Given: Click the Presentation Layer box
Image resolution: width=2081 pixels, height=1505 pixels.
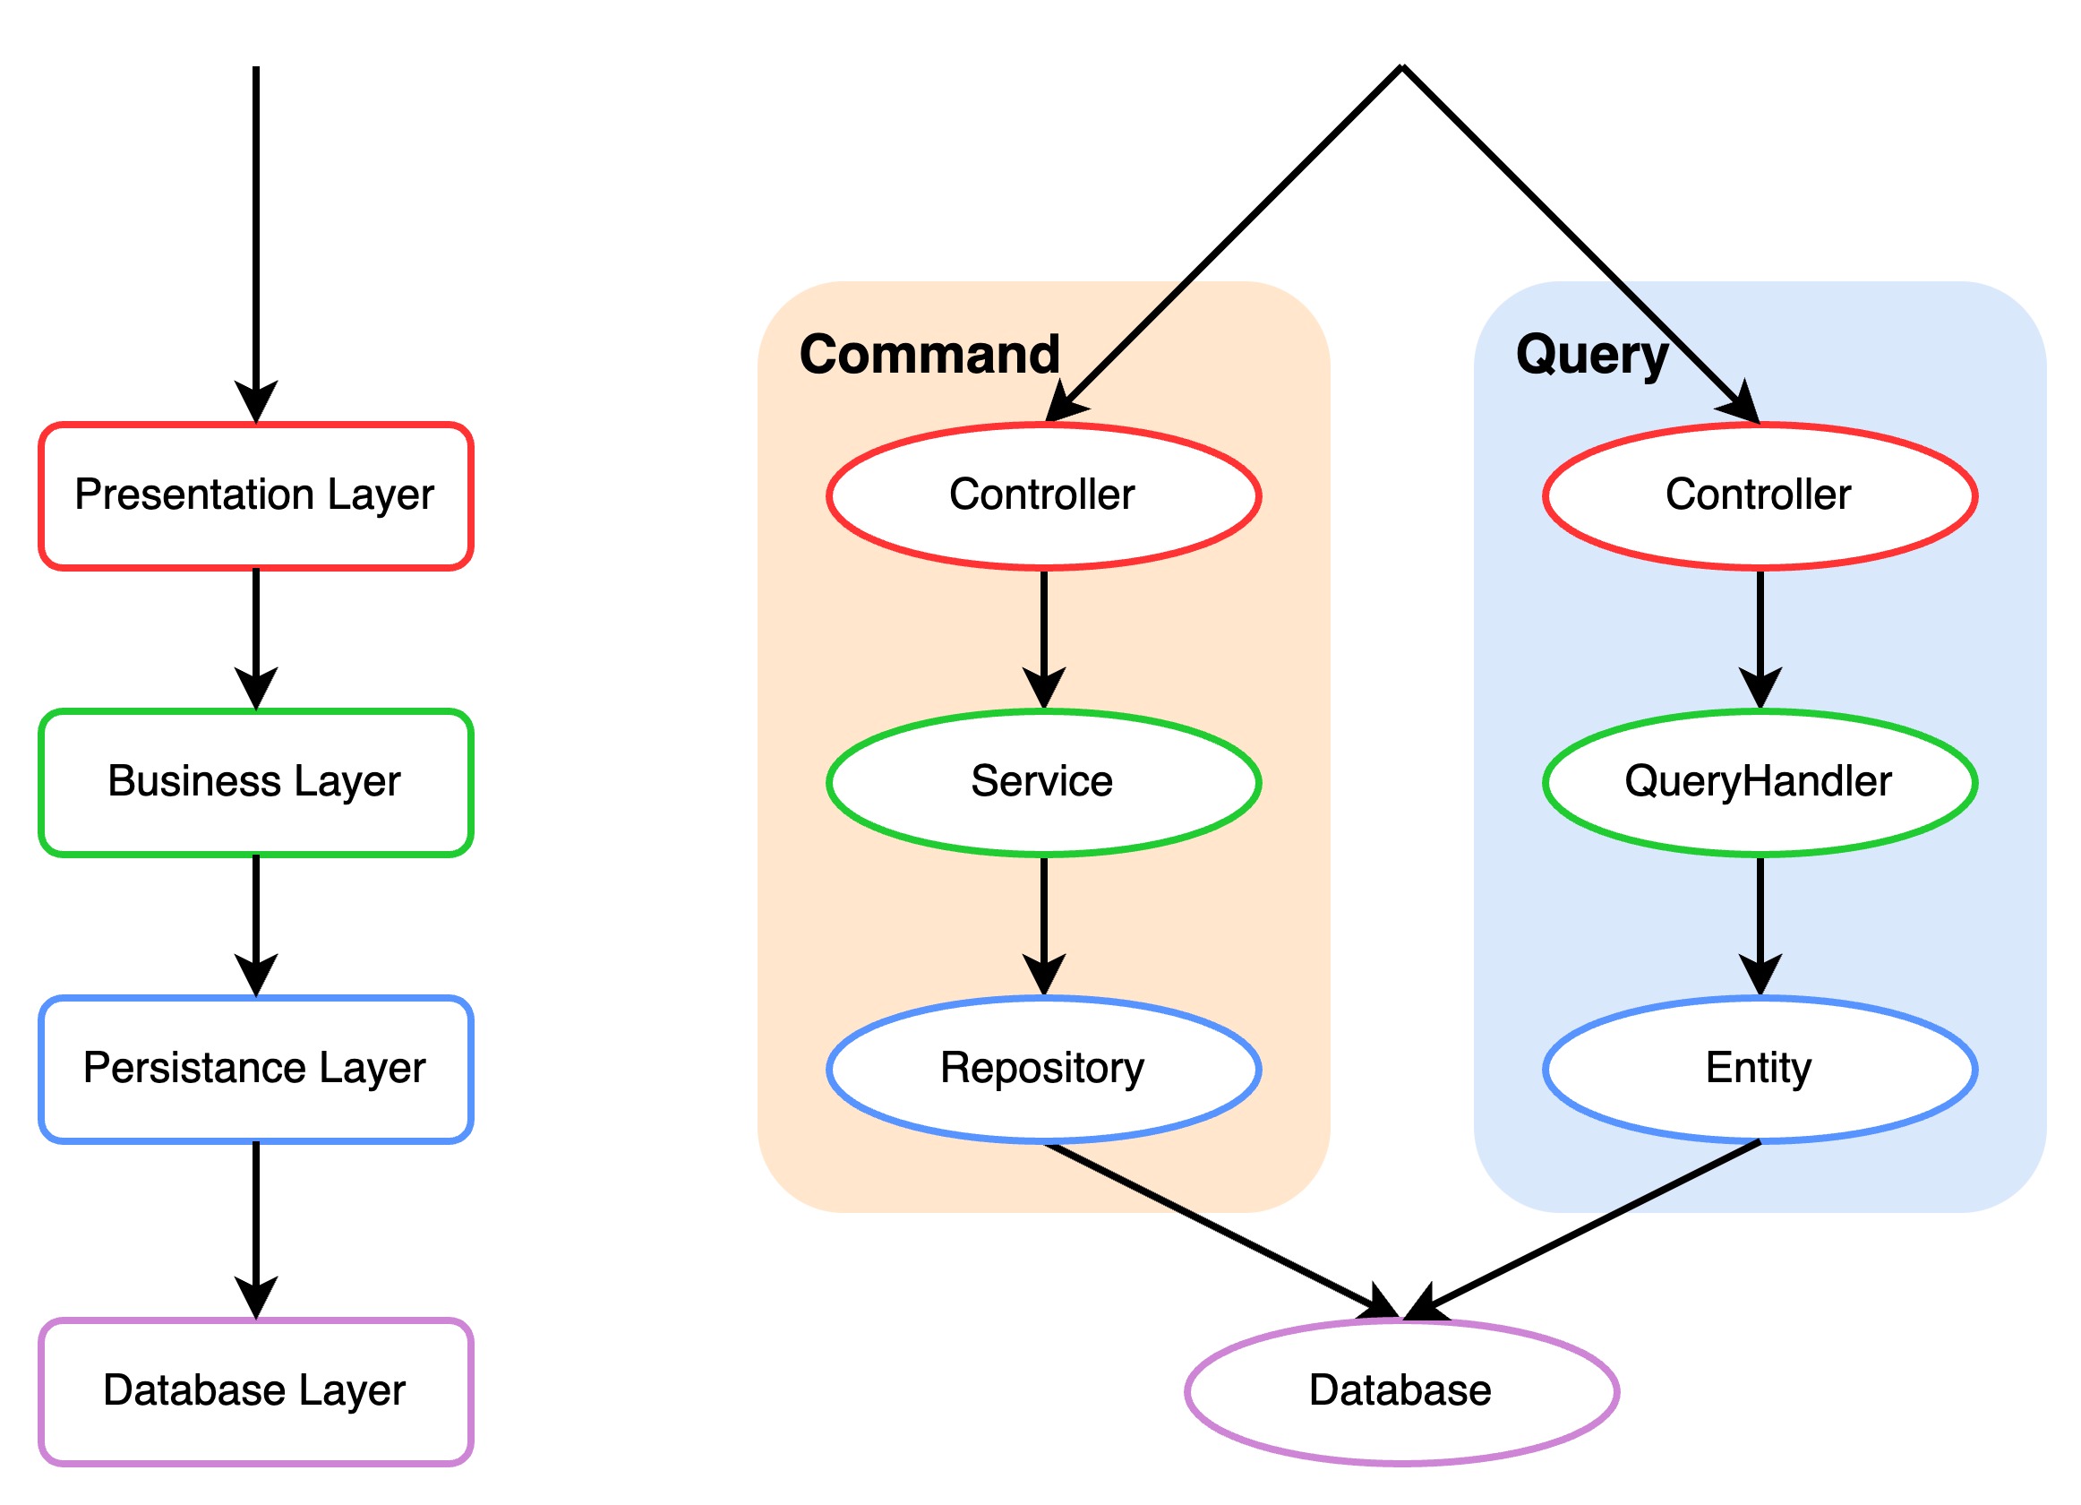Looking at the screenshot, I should click(256, 496).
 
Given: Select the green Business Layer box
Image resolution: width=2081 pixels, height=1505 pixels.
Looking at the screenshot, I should click(256, 783).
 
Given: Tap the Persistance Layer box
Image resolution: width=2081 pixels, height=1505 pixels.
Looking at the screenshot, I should click(256, 1069).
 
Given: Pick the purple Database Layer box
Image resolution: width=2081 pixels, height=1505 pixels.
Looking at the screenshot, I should click(256, 1392).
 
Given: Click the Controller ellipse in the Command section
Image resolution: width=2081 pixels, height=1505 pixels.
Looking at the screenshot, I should click(1043, 496).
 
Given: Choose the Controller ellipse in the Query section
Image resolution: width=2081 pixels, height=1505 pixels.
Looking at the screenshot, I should click(1759, 496).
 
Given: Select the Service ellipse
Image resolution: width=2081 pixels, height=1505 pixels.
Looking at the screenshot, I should click(1043, 783).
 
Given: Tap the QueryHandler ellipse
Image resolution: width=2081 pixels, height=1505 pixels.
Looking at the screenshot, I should click(1759, 783).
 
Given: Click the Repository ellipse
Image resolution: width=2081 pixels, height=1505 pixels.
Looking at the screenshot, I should click(1043, 1069).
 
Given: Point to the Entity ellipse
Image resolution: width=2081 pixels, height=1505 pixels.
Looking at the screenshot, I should click(1759, 1069).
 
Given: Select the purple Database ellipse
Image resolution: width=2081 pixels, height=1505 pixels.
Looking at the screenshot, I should click(1401, 1392).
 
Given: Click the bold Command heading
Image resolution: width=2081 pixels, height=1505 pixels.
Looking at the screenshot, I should click(929, 354).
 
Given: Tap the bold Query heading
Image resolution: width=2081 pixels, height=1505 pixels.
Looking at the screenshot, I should click(1591, 356).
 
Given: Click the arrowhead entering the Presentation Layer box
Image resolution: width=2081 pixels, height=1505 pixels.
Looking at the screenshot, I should click(256, 402).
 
